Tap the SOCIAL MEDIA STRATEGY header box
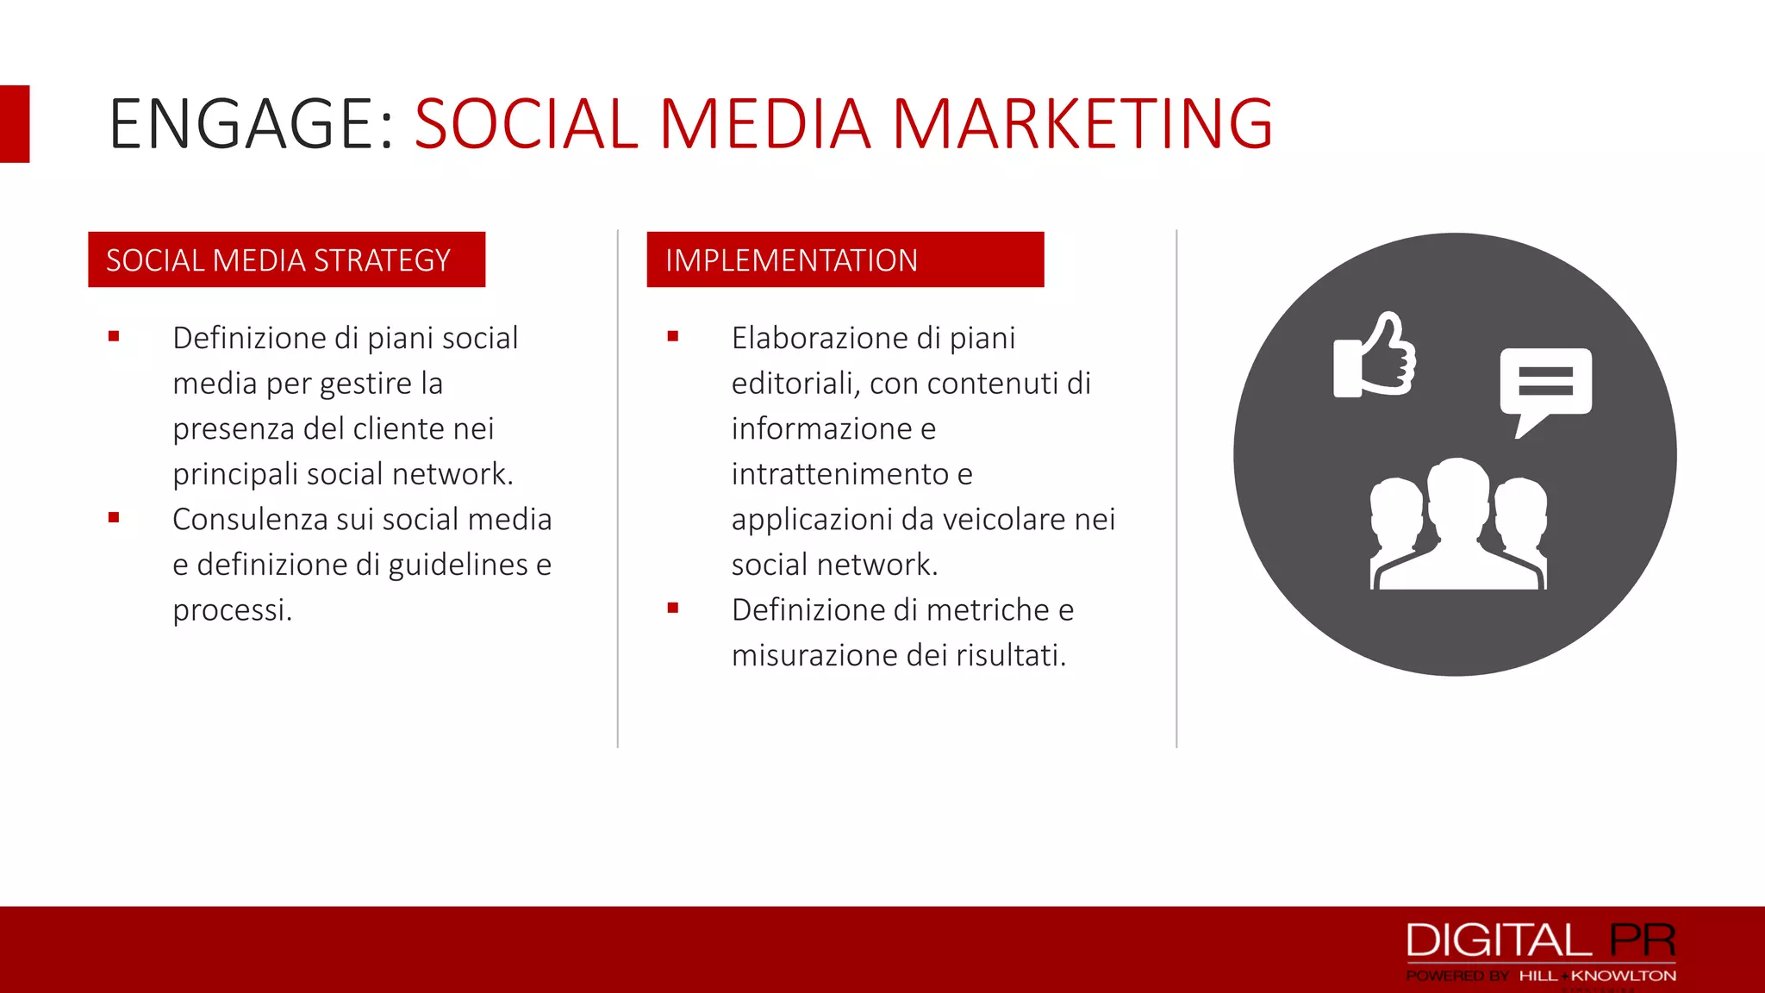point(286,259)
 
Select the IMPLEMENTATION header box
point(845,259)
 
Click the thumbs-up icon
point(1375,355)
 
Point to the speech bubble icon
point(1545,384)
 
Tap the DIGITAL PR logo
point(1540,940)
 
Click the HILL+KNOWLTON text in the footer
point(1597,976)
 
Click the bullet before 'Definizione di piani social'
point(114,337)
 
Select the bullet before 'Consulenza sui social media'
point(114,518)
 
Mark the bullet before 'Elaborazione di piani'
point(673,337)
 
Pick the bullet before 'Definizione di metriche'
point(673,609)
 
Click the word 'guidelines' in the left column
point(458,565)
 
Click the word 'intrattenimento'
point(840,474)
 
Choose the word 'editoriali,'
point(795,384)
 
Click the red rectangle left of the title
point(15,124)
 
